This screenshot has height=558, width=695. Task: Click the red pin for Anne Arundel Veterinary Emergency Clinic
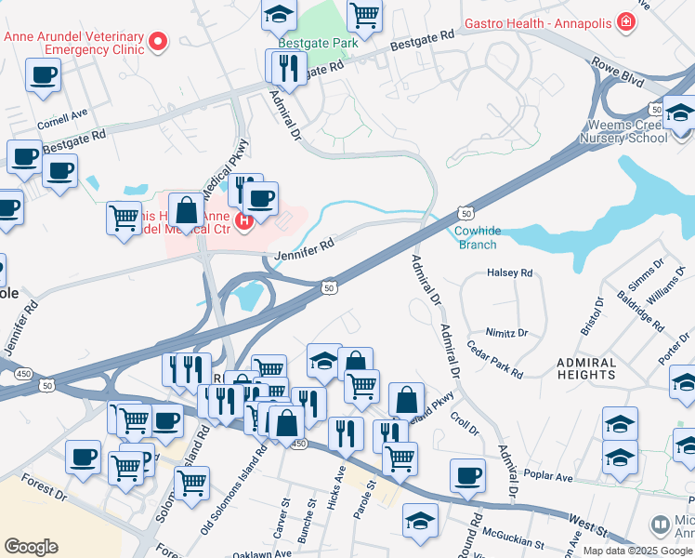[x=158, y=40]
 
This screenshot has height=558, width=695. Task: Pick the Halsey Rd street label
[x=509, y=273]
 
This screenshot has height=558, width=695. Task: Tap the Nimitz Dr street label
[x=505, y=332]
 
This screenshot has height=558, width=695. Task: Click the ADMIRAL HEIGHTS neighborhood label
[x=598, y=368]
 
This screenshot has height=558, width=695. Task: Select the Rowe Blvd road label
[x=619, y=73]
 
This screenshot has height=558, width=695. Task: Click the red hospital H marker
[x=243, y=220]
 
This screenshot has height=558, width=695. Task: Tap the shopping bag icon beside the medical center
[x=186, y=210]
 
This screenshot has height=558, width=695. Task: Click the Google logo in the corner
[x=31, y=547]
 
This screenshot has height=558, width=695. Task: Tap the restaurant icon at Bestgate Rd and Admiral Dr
[x=287, y=67]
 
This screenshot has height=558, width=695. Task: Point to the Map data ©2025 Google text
[x=636, y=550]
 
